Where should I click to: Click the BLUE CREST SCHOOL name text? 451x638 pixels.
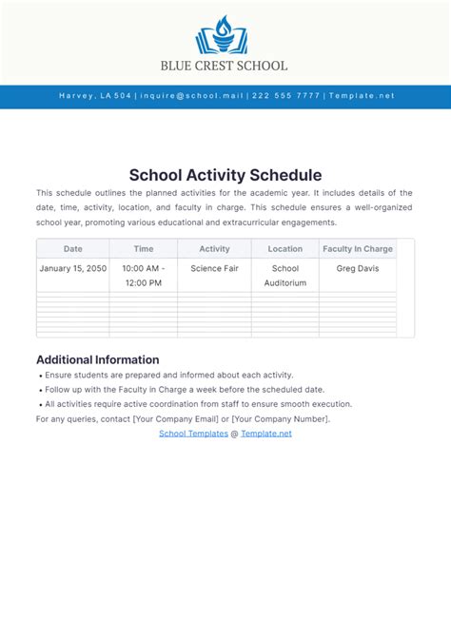click(225, 66)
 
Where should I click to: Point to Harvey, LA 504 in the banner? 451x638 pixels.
click(95, 96)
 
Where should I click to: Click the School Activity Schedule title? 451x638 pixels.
click(225, 175)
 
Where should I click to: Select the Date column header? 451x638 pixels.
click(73, 249)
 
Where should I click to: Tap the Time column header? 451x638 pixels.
click(144, 249)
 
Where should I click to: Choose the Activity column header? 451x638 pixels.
click(214, 249)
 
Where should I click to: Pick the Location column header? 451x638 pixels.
click(285, 249)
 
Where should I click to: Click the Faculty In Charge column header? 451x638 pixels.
click(358, 249)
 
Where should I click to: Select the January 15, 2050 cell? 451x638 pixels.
click(73, 269)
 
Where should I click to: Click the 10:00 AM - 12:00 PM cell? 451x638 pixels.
click(144, 276)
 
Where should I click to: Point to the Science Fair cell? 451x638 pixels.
click(214, 269)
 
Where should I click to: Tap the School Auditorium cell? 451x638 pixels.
click(285, 276)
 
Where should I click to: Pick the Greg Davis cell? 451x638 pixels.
click(358, 269)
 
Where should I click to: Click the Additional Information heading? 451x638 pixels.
click(97, 359)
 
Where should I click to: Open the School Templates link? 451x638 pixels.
click(192, 433)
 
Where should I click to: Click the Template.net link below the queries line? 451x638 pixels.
click(266, 433)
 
